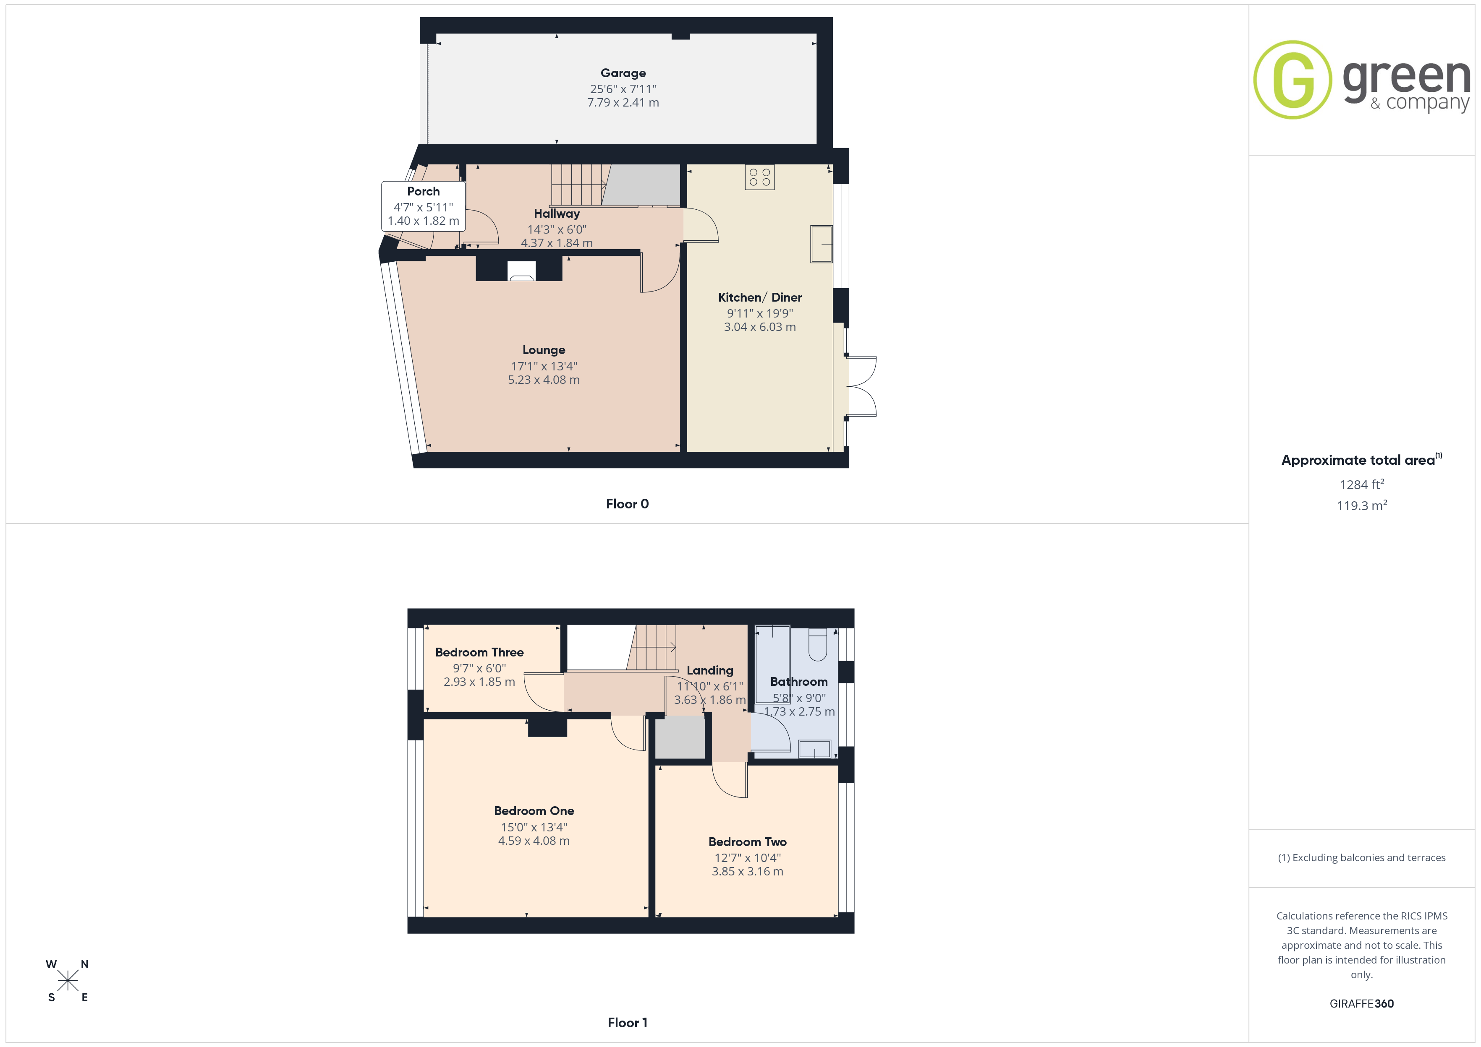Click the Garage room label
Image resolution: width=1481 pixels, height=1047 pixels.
tap(623, 73)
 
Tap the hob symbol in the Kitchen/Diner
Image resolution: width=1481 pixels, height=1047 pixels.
tap(759, 177)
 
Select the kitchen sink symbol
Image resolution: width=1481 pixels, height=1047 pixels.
tap(821, 244)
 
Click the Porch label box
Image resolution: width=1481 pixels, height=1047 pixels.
tap(423, 206)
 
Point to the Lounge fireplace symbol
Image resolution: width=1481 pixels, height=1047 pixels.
tap(521, 271)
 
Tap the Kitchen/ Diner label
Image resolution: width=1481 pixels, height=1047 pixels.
tap(760, 298)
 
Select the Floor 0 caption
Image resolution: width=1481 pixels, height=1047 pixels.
tap(627, 504)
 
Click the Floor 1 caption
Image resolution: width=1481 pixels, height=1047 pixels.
tap(627, 1023)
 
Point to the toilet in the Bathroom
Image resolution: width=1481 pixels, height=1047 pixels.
tap(817, 645)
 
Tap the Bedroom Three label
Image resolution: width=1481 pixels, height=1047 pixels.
tap(479, 652)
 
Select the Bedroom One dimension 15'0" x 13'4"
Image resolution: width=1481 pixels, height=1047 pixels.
tap(534, 827)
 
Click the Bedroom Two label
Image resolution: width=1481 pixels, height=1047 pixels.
tap(748, 842)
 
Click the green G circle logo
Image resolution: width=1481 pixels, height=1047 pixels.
tap(1292, 80)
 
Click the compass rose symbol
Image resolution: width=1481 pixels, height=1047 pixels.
tap(67, 981)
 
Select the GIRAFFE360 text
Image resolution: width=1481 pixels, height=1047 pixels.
tap(1362, 1004)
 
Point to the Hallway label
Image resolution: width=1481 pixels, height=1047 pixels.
tap(557, 214)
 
